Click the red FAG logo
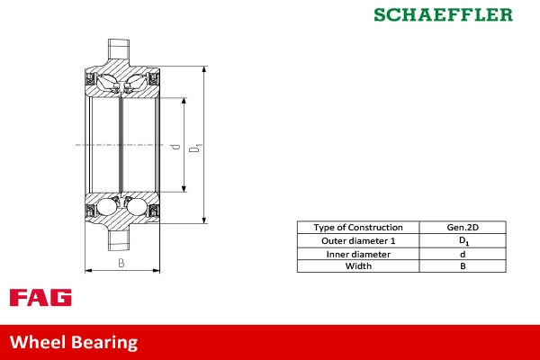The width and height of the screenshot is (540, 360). click(x=40, y=298)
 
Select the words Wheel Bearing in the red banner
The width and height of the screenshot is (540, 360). click(x=74, y=342)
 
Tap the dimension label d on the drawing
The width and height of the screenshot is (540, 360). click(x=177, y=145)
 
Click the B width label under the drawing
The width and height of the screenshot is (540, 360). click(x=121, y=263)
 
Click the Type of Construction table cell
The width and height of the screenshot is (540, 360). click(x=358, y=228)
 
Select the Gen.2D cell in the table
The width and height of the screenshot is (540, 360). click(x=463, y=228)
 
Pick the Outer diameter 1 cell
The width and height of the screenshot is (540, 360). click(x=358, y=241)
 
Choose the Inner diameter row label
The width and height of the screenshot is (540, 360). click(x=358, y=254)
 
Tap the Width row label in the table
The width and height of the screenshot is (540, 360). click(x=358, y=266)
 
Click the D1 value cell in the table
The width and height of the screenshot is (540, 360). click(x=463, y=241)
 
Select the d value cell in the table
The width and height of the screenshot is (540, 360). click(x=463, y=254)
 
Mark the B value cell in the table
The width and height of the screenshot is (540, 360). click(x=463, y=266)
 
